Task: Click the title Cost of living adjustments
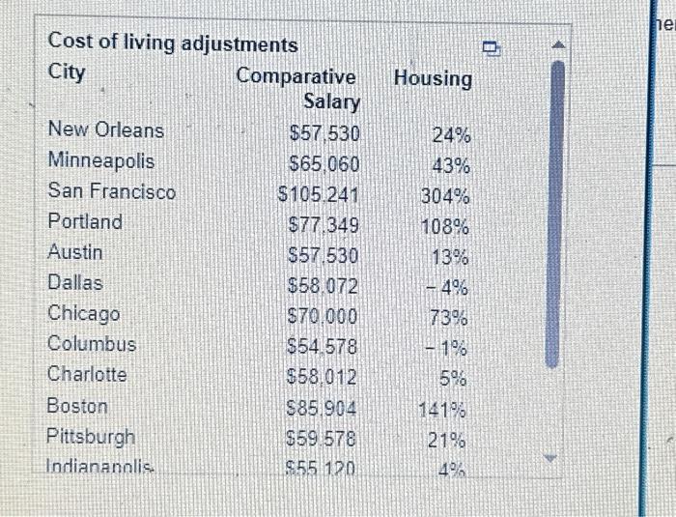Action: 173,43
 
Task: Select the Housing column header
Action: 433,78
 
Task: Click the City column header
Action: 67,72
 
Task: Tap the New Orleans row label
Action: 106,130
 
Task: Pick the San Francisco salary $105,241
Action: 318,193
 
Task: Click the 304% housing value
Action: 445,197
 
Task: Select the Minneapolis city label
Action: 101,160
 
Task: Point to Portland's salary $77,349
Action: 324,226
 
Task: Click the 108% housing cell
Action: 445,228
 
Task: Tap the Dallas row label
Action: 75,283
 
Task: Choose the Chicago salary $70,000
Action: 324,317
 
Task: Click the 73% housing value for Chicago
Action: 449,318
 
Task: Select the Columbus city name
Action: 93,344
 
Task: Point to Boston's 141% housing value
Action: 444,410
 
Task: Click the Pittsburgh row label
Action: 92,437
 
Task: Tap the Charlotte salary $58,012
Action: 324,377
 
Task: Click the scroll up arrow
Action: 553,45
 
